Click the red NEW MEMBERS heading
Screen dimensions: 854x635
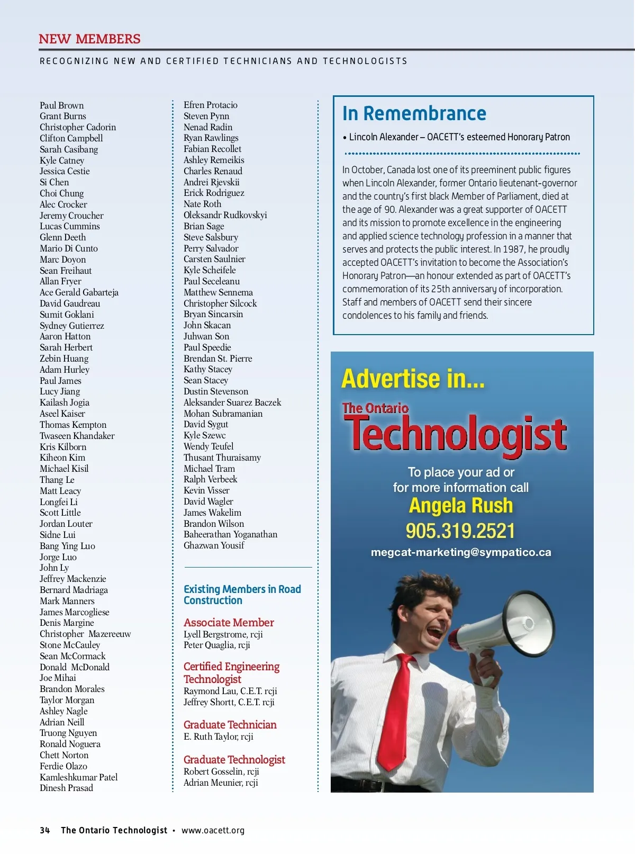tap(89, 39)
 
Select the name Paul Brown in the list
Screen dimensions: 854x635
tap(61, 105)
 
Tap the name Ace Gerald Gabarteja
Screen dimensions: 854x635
tap(79, 292)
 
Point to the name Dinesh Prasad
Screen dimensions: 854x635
tap(66, 788)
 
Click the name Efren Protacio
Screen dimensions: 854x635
tap(210, 105)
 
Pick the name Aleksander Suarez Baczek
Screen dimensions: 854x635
tap(232, 402)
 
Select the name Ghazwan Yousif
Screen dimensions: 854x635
tap(214, 545)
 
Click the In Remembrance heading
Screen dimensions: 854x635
tap(414, 113)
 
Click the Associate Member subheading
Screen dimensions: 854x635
tap(229, 623)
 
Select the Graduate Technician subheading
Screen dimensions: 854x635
tap(230, 725)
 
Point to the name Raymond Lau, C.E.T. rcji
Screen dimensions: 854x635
tap(230, 691)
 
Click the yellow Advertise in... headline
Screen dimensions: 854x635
tap(413, 379)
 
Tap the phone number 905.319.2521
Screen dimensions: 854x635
tap(460, 531)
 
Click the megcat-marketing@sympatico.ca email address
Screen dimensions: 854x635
tap(461, 552)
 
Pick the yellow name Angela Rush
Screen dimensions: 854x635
tap(460, 506)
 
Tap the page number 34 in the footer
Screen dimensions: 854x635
tap(44, 830)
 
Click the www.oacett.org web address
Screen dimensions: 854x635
tap(213, 830)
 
